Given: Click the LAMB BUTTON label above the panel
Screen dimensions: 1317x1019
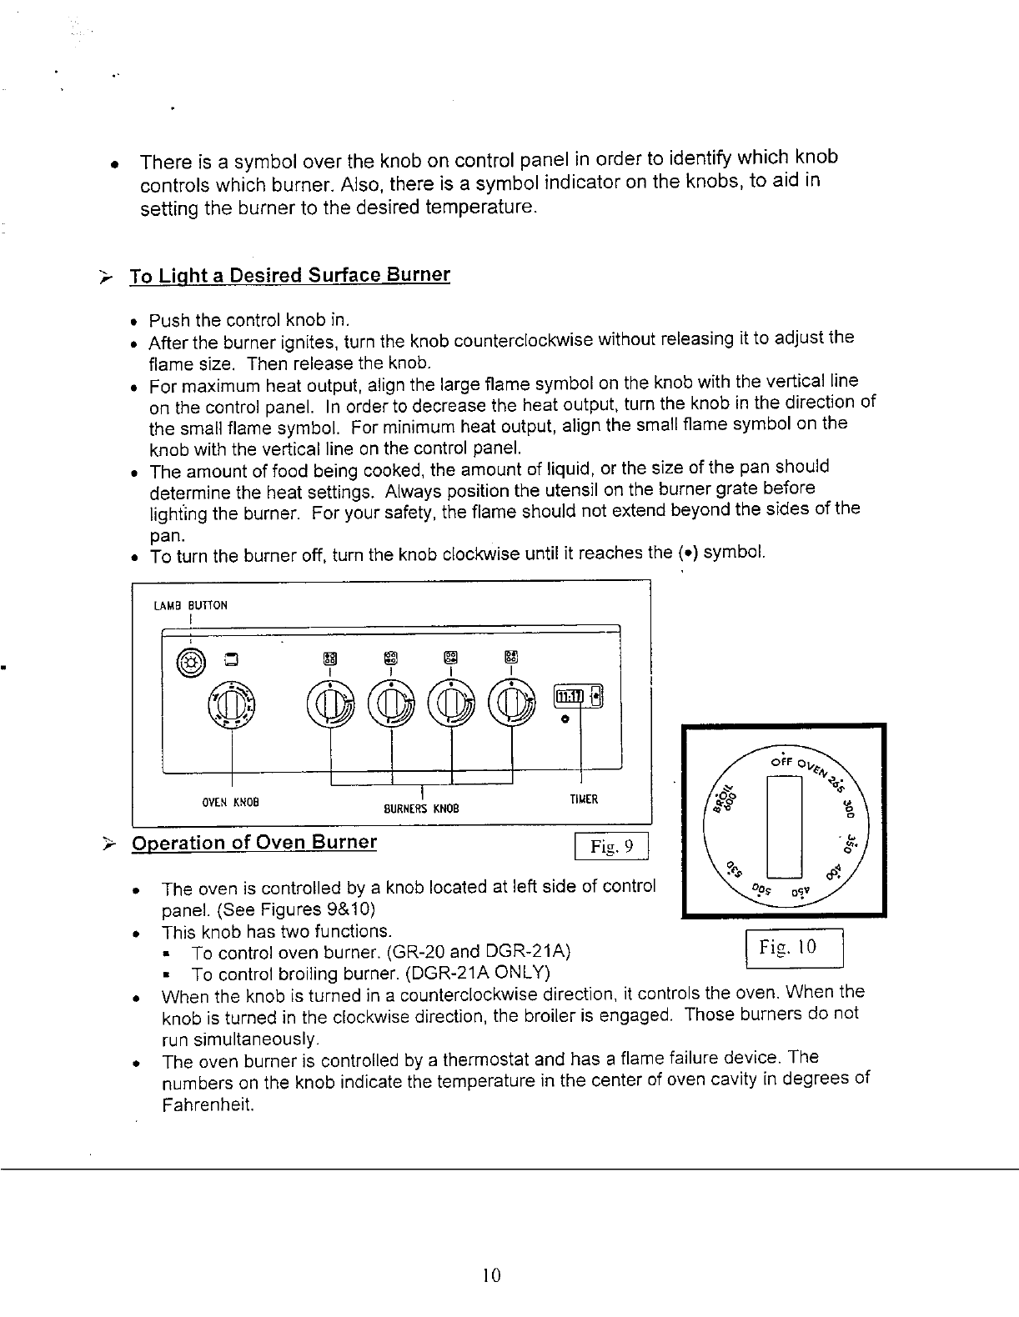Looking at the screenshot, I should pos(191,605).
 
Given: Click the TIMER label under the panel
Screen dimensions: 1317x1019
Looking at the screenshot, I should pos(583,799).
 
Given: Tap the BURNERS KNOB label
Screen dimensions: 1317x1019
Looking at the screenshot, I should pos(421,809).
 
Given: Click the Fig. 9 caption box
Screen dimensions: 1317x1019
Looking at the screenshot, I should pos(612,848).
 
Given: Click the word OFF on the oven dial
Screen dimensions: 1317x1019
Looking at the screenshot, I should pos(781,762).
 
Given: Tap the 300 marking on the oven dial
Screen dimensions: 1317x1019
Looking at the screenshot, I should pos(849,809).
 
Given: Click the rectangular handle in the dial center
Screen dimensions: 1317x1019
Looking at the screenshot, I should pos(784,825).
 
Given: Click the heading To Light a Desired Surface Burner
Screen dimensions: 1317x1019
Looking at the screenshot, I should pos(289,275).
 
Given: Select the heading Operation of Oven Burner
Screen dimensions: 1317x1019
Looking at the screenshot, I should pos(254,842).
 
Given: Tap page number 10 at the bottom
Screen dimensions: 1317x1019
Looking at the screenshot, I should pos(490,1274).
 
